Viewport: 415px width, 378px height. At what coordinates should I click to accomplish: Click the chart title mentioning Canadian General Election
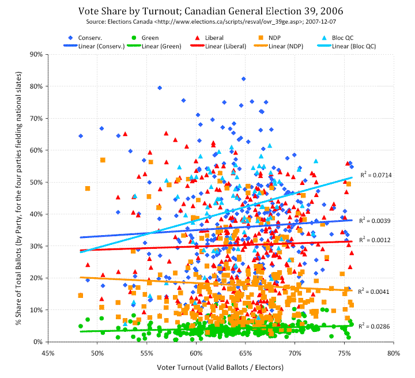point(207,11)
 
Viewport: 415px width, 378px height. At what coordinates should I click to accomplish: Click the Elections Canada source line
point(207,21)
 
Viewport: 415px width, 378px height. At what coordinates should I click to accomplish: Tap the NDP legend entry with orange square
point(281,37)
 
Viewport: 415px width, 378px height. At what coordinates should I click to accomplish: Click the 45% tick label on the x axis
point(48,352)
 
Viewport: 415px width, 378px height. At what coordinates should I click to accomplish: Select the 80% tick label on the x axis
point(394,352)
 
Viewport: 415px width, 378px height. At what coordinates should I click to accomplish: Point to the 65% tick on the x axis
point(246,352)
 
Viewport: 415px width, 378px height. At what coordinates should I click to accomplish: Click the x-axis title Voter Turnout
point(221,366)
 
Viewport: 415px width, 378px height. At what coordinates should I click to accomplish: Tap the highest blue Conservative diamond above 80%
point(244,79)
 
